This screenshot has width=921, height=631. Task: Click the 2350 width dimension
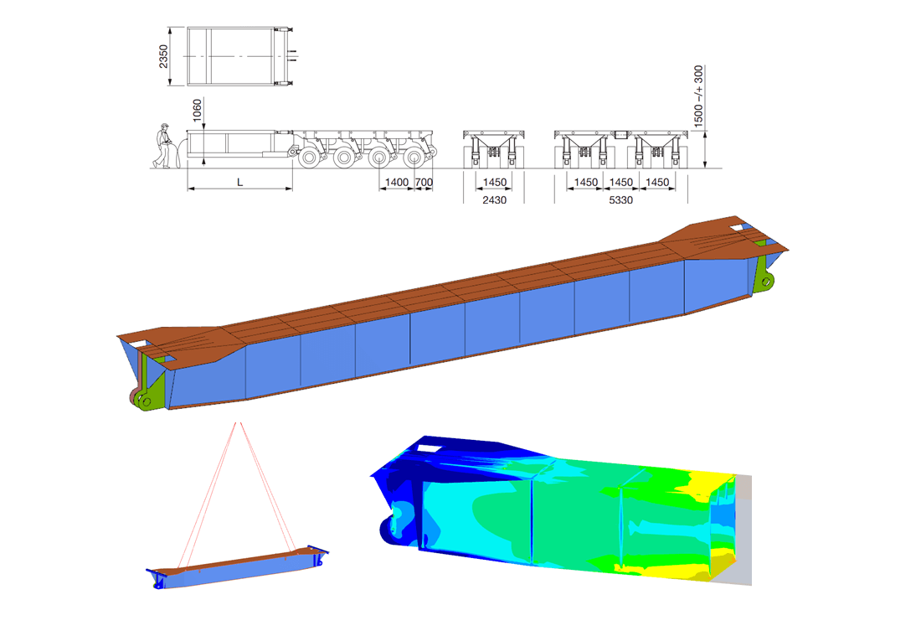(163, 56)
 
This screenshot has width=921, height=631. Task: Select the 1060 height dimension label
(197, 111)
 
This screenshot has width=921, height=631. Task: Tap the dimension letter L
(239, 183)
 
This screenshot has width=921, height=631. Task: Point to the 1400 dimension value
(397, 183)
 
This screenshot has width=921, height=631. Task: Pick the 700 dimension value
(424, 183)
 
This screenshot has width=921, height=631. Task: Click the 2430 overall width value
(495, 200)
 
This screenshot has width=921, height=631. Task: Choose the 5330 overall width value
(621, 200)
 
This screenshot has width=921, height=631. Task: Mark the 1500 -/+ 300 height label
(698, 96)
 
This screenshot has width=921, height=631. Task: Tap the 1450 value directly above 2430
(495, 183)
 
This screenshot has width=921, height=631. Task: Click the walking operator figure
(162, 146)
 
